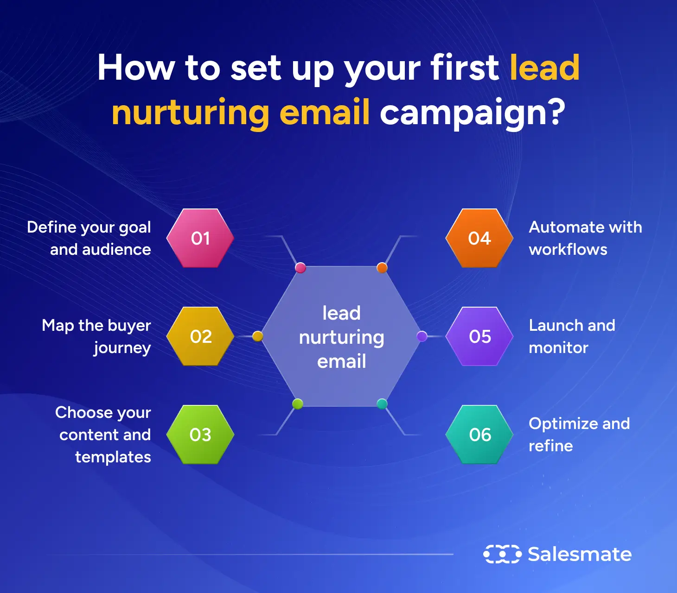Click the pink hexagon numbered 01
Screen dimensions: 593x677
pyautogui.click(x=200, y=238)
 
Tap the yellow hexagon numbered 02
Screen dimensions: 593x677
pyautogui.click(x=200, y=336)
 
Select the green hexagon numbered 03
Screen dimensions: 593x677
pyautogui.click(x=200, y=435)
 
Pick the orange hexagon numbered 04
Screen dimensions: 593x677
pyautogui.click(x=479, y=238)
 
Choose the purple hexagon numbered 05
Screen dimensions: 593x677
pyautogui.click(x=479, y=336)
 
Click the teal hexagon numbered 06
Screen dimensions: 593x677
pyautogui.click(x=479, y=435)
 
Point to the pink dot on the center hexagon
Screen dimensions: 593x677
pyautogui.click(x=300, y=268)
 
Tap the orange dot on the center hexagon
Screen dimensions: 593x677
pyautogui.click(x=382, y=268)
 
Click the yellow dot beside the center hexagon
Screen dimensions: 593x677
pyautogui.click(x=258, y=336)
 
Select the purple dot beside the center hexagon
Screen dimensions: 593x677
pyautogui.click(x=422, y=336)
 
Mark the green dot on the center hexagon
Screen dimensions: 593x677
pyautogui.click(x=298, y=404)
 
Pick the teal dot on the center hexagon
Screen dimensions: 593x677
pyautogui.click(x=382, y=404)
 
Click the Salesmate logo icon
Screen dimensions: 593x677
pyautogui.click(x=502, y=554)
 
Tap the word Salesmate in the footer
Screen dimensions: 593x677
pyautogui.click(x=580, y=554)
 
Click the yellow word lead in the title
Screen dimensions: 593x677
pyautogui.click(x=544, y=68)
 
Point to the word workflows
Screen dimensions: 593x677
pyautogui.click(x=568, y=250)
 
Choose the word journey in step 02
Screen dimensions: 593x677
pyautogui.click(x=122, y=348)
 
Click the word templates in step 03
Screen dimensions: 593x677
pyautogui.click(x=113, y=457)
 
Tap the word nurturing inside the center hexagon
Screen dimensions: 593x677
pyautogui.click(x=342, y=338)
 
